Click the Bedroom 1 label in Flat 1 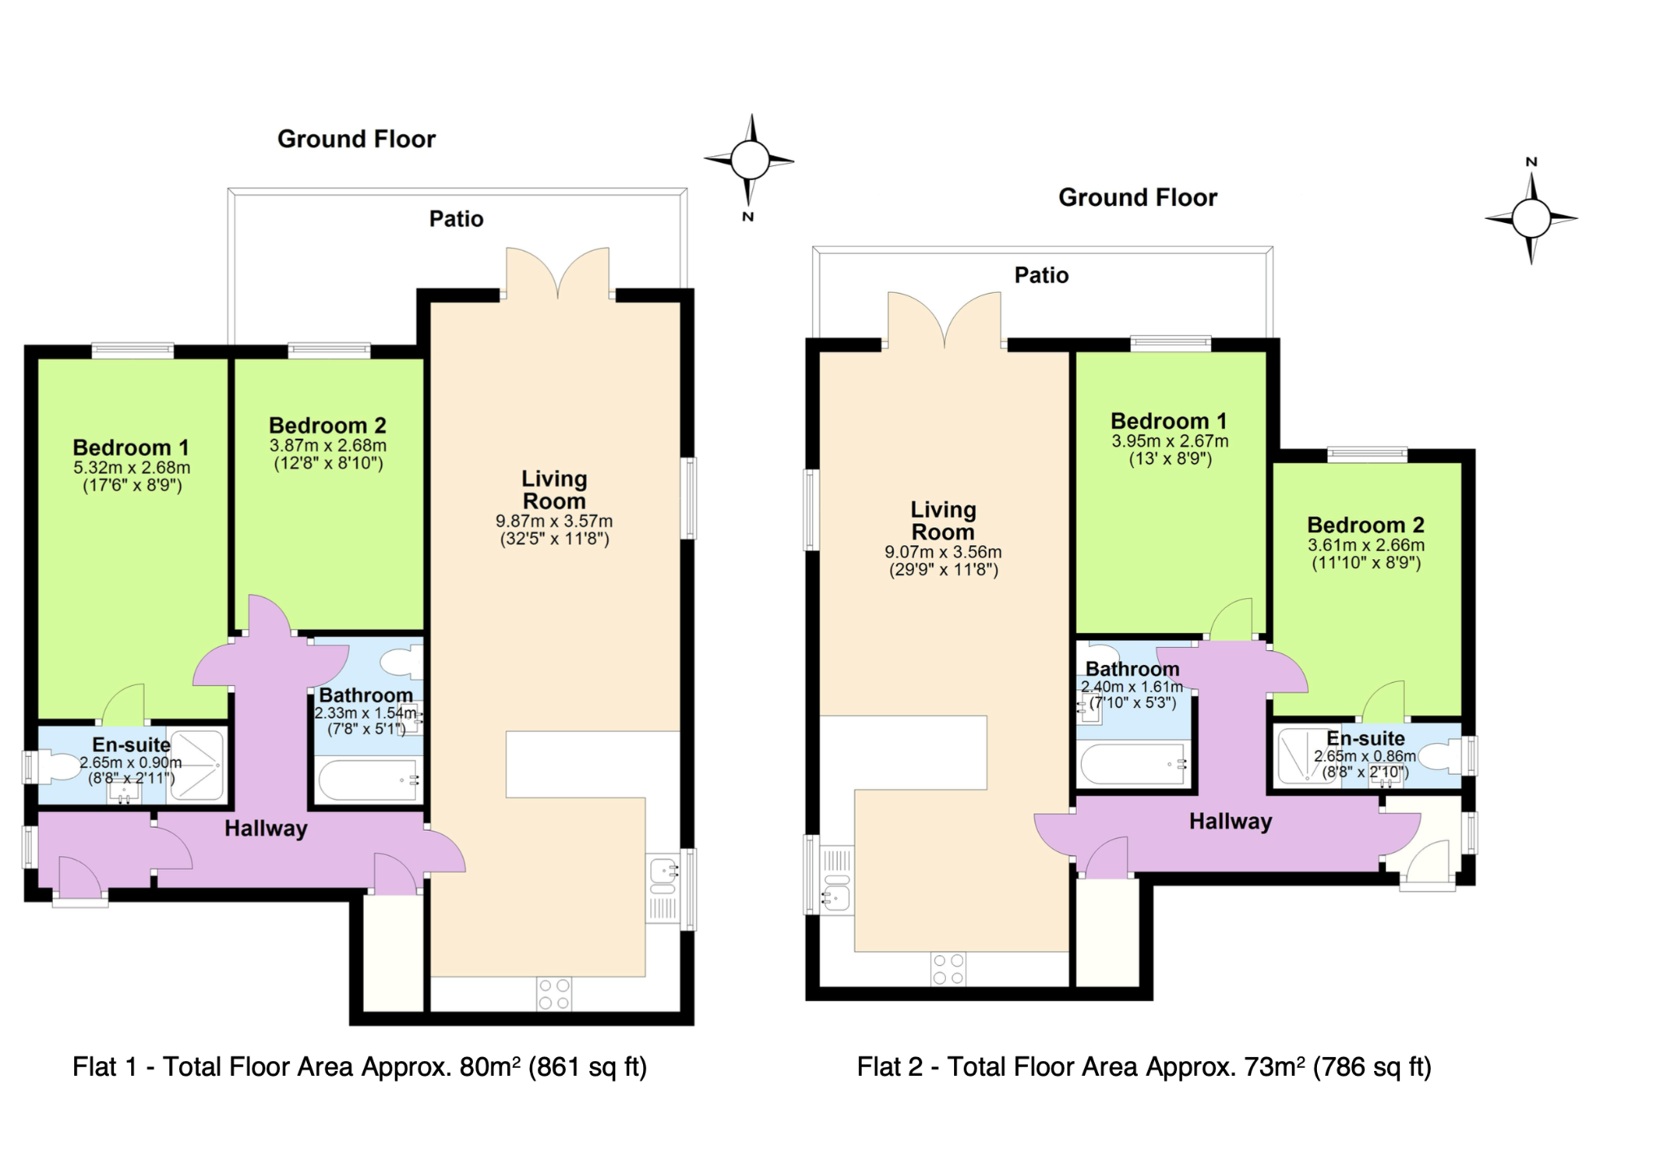pos(131,448)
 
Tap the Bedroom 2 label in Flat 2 pos(1366,525)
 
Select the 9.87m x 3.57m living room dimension pos(554,521)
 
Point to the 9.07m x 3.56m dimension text pos(943,552)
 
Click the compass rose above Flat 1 pos(750,160)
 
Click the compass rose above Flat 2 pos(1531,218)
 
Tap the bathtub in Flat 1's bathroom pos(368,780)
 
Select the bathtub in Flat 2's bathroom pos(1133,764)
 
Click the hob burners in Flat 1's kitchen pos(553,994)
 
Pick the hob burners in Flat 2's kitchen pos(948,968)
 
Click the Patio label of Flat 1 pos(457,219)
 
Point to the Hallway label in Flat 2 pos(1231,821)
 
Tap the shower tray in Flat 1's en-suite pos(195,765)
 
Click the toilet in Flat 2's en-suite pos(1443,758)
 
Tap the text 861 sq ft pos(588,1067)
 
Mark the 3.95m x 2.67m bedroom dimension pos(1170,441)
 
